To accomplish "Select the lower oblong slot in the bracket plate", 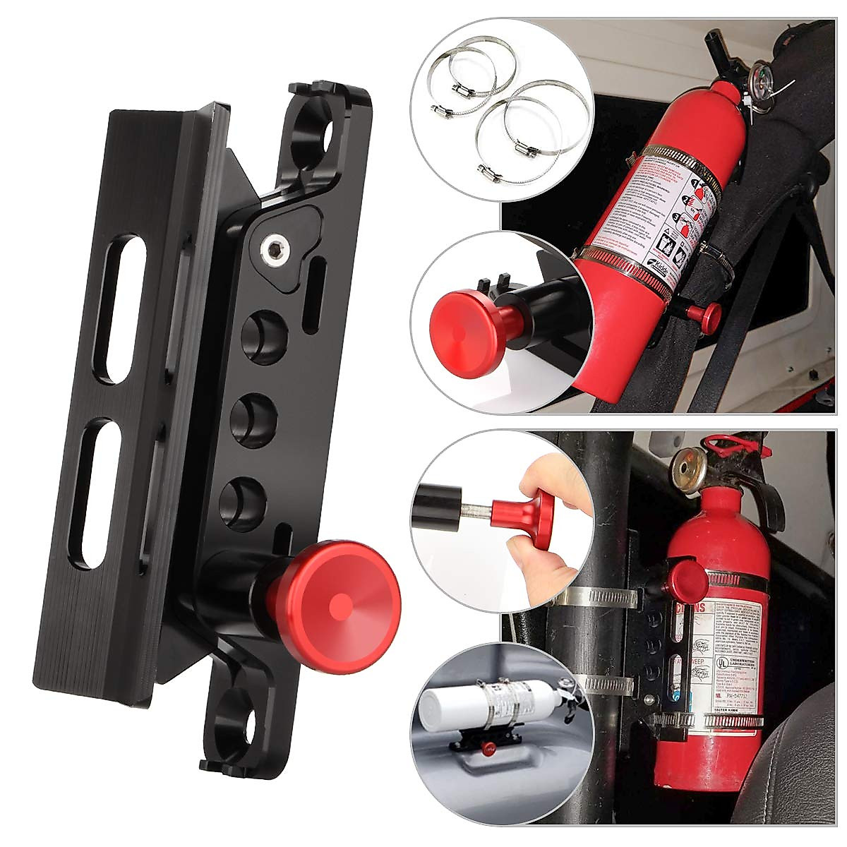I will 100,493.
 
